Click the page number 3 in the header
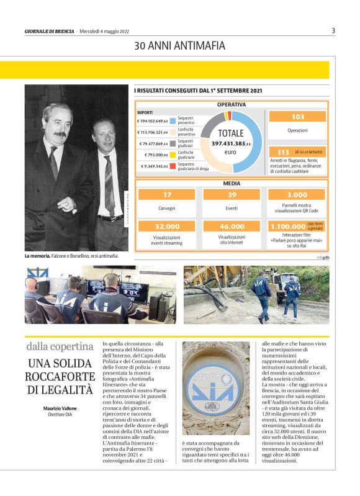pyautogui.click(x=333, y=30)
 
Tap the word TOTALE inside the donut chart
pyautogui.click(x=231, y=133)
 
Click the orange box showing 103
pyautogui.click(x=298, y=117)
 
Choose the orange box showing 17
pyautogui.click(x=167, y=195)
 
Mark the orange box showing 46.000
pyautogui.click(x=232, y=227)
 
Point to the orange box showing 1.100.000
pyautogui.click(x=289, y=227)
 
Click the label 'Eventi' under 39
pyautogui.click(x=232, y=209)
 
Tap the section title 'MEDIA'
pyautogui.click(x=232, y=184)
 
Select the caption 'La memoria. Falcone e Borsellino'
pyautogui.click(x=71, y=256)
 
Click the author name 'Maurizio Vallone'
pyautogui.click(x=60, y=408)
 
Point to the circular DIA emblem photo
pyautogui.click(x=215, y=388)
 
